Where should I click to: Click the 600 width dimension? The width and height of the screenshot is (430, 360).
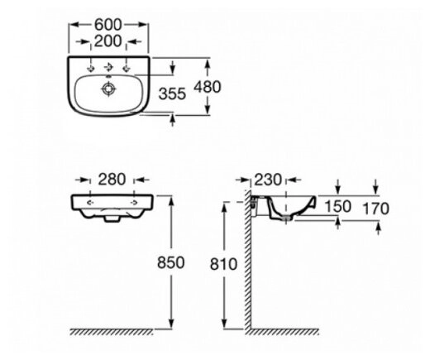pyautogui.click(x=107, y=25)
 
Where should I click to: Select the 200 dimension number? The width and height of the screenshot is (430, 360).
pyautogui.click(x=107, y=41)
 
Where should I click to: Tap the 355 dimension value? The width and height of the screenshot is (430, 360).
pyautogui.click(x=172, y=94)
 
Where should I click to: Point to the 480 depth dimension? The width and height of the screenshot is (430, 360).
pyautogui.click(x=208, y=87)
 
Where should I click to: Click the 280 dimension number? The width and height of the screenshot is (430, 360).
pyautogui.click(x=112, y=180)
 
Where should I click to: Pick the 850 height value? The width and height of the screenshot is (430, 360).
pyautogui.click(x=170, y=262)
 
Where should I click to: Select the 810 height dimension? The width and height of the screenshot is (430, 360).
pyautogui.click(x=223, y=264)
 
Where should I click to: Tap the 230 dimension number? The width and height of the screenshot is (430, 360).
pyautogui.click(x=268, y=180)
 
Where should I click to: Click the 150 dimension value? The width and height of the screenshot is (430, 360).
pyautogui.click(x=338, y=206)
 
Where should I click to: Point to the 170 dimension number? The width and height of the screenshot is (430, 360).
pyautogui.click(x=375, y=209)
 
